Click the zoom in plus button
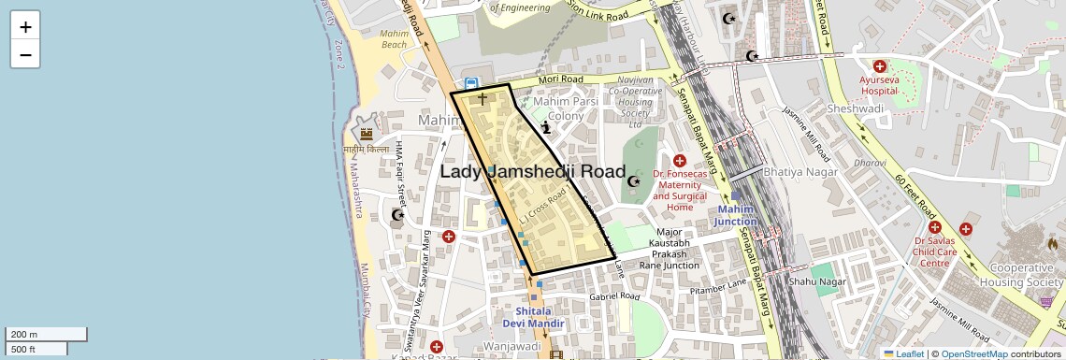coord(25,27)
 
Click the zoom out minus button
coord(25,54)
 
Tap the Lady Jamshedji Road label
coord(532,171)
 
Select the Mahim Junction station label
coord(735,215)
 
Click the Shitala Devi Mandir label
coord(540,317)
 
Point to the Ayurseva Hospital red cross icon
coord(879,66)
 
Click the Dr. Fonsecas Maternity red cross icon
coord(679,161)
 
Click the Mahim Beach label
coord(394,38)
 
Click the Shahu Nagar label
coord(817,281)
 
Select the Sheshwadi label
coord(856,108)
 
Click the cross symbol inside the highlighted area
coord(483,98)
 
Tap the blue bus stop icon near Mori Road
coord(472,84)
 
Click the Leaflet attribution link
coord(903,354)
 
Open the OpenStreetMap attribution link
coord(973,354)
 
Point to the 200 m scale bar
coord(46,334)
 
